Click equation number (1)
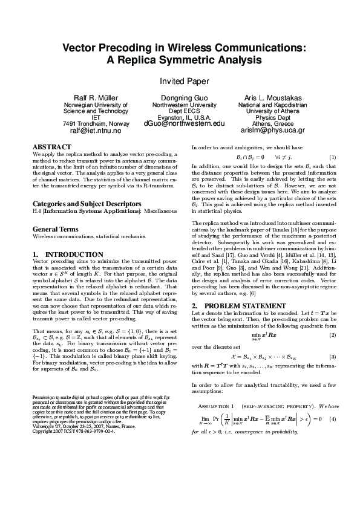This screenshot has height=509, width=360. (x=332, y=157)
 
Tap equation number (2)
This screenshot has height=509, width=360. (x=332, y=335)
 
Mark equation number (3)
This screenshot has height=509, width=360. (x=332, y=357)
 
